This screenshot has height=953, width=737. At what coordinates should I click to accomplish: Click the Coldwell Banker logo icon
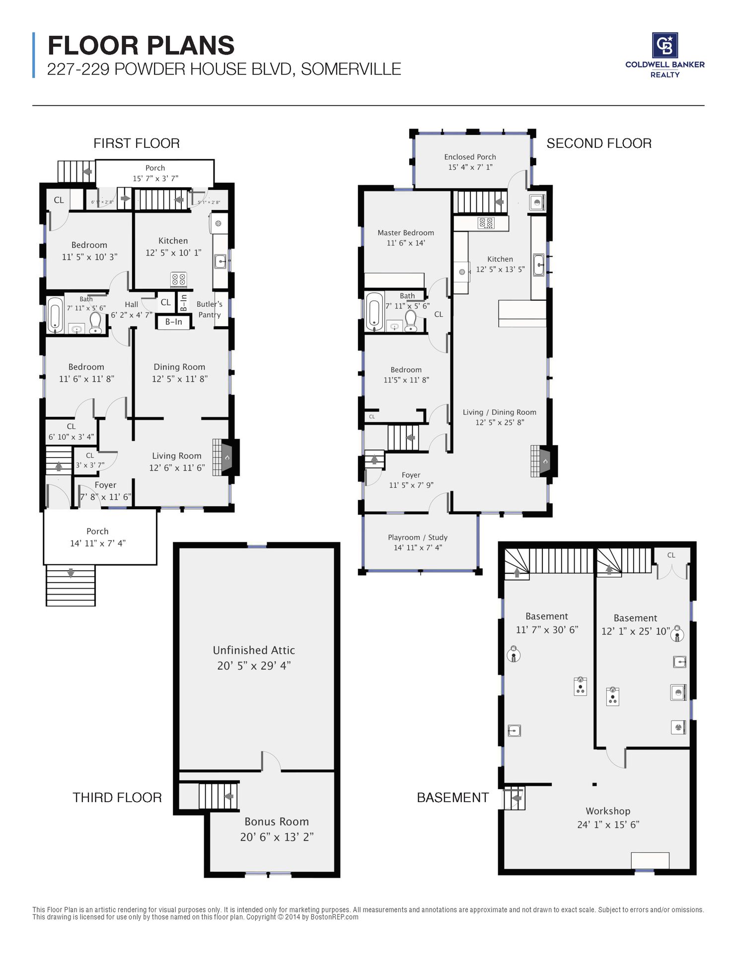(x=664, y=45)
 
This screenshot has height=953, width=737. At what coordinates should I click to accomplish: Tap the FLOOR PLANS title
(x=141, y=46)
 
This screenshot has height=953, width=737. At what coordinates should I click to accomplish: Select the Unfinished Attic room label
(x=254, y=650)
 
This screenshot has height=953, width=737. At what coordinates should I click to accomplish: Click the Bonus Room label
(x=277, y=821)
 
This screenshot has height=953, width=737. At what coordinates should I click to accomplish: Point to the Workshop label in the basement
(x=608, y=811)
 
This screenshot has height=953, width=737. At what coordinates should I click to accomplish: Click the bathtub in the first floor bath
(x=55, y=315)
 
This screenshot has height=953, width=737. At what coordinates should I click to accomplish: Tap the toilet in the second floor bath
(x=411, y=321)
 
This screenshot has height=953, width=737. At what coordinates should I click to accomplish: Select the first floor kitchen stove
(x=179, y=279)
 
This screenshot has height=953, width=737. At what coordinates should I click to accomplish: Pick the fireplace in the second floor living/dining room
(x=543, y=461)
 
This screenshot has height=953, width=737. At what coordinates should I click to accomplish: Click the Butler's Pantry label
(x=210, y=309)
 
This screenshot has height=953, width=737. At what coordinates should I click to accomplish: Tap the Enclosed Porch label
(x=470, y=157)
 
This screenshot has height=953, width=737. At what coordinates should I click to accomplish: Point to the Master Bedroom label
(x=406, y=233)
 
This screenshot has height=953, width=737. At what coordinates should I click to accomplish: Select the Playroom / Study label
(x=418, y=538)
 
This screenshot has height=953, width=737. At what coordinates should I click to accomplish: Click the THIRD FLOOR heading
(x=117, y=798)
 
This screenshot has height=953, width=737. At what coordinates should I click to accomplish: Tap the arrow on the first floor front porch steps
(x=71, y=573)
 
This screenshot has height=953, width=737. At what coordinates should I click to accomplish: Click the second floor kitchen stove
(x=486, y=223)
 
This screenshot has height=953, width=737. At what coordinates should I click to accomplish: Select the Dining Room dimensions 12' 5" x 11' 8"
(x=180, y=379)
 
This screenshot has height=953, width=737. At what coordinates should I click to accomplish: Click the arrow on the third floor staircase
(x=229, y=796)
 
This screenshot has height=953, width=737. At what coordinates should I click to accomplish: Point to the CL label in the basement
(x=671, y=555)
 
